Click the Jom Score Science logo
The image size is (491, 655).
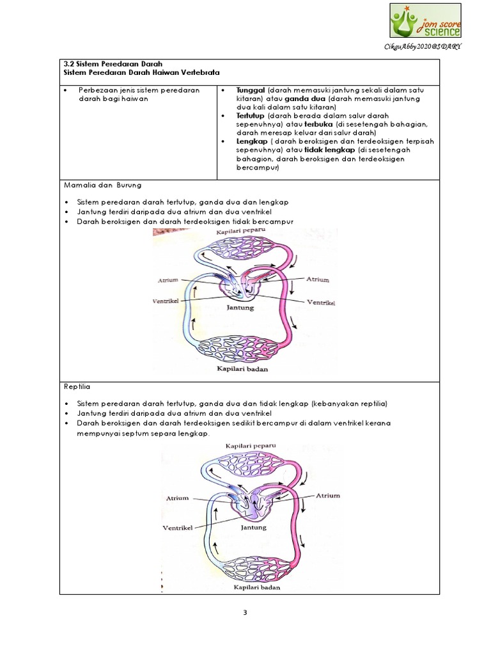[x=425, y=20]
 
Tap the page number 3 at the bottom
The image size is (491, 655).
[x=245, y=612]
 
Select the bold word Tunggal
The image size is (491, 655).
[x=251, y=90]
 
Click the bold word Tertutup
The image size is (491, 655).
[x=252, y=116]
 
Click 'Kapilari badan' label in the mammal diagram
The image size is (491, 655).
[x=242, y=369]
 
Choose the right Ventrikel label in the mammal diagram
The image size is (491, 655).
[x=322, y=301]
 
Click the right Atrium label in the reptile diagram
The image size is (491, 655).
[x=327, y=495]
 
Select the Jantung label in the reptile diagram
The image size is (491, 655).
[x=254, y=528]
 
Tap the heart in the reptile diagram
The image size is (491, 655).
[x=253, y=504]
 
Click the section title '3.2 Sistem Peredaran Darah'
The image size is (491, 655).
[x=114, y=65]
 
